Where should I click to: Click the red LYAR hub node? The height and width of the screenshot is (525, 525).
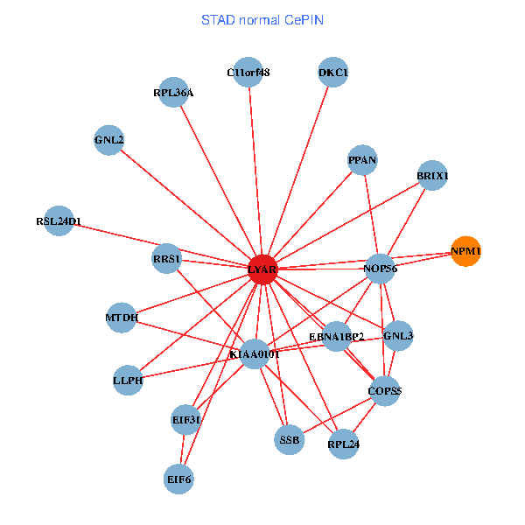(x=262, y=269)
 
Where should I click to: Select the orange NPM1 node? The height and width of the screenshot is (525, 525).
(x=465, y=252)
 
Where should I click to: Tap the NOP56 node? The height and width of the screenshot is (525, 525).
(x=380, y=269)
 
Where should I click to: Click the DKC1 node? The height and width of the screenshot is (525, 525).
(x=333, y=73)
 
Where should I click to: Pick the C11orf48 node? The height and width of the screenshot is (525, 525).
(x=248, y=73)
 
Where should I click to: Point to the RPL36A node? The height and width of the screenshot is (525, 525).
(x=173, y=93)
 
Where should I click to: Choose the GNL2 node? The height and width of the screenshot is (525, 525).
(x=109, y=140)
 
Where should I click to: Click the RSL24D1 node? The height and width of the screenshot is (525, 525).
(x=59, y=221)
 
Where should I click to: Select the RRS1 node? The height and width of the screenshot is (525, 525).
(x=166, y=259)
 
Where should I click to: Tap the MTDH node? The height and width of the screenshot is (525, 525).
(x=122, y=318)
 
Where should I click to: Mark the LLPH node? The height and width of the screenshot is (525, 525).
(x=128, y=380)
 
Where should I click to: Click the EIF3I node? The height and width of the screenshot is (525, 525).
(x=186, y=420)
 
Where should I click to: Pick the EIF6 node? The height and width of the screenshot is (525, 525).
(x=179, y=479)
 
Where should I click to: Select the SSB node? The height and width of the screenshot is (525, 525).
(x=290, y=440)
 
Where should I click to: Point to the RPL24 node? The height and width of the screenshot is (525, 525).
(x=344, y=444)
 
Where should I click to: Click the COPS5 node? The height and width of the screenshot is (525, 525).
(x=385, y=391)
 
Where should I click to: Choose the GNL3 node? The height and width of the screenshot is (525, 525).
(x=398, y=335)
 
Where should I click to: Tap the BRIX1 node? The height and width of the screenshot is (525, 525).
(x=432, y=176)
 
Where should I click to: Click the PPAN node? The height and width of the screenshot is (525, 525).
(x=362, y=160)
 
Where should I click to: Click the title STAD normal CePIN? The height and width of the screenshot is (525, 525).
(x=262, y=19)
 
